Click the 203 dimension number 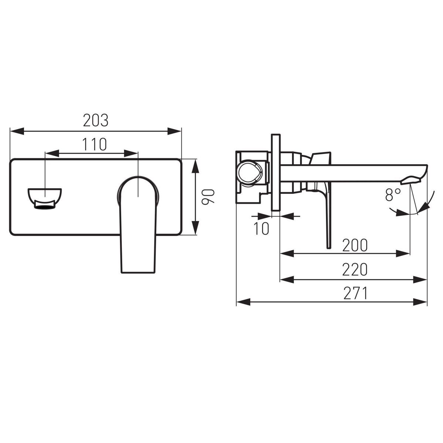click(96, 120)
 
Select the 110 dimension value click(95, 144)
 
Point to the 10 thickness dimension click(261, 229)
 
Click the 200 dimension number click(355, 245)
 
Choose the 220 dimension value click(355, 269)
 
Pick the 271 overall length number click(356, 293)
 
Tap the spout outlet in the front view click(45, 198)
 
